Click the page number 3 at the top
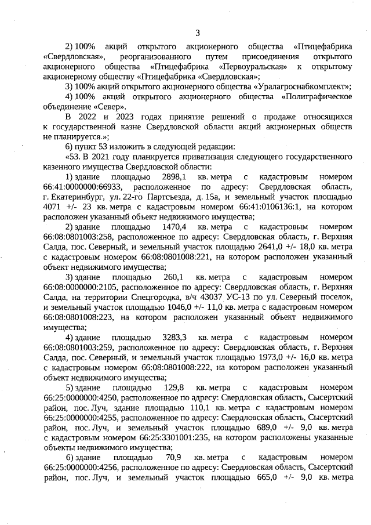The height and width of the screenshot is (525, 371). tap(198, 32)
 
